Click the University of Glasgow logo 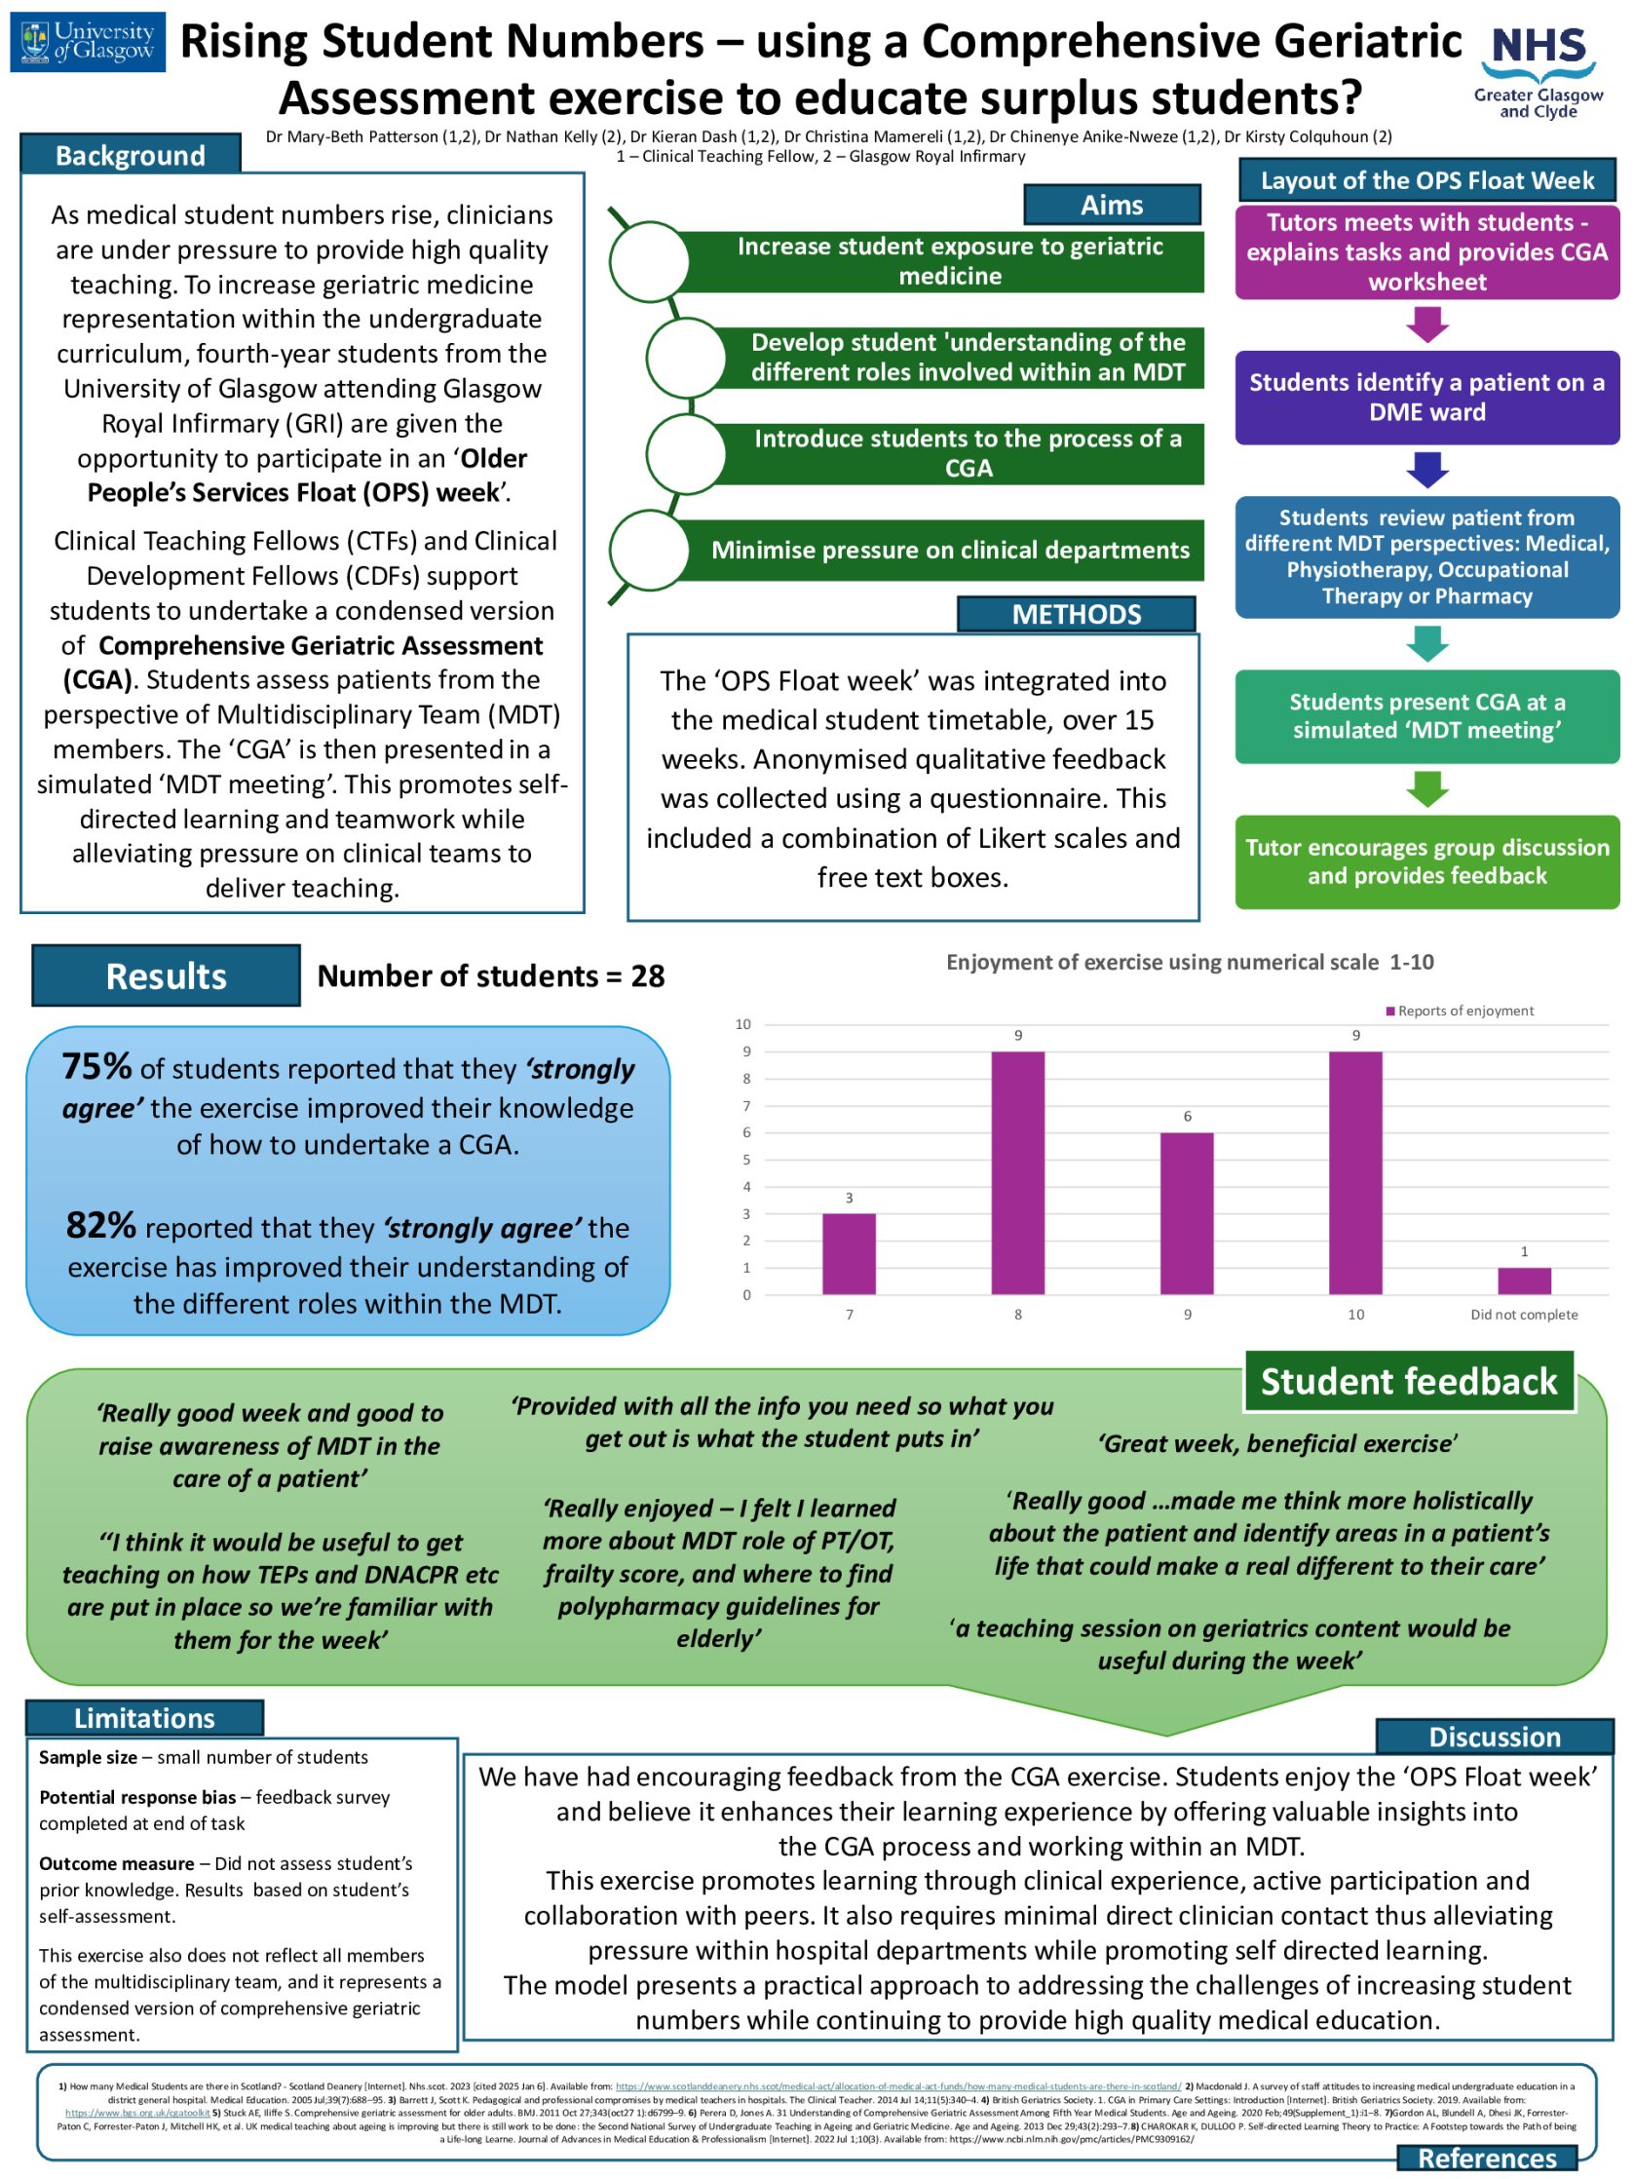coord(88,42)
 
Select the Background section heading coord(130,156)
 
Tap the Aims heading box coord(1111,205)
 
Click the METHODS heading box coord(1076,615)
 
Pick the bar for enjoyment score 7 coord(848,1253)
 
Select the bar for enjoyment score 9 coord(1186,1212)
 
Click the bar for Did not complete coord(1523,1281)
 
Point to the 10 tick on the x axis coord(1355,1314)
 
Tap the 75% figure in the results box coord(96,1067)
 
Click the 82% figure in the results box coord(100,1225)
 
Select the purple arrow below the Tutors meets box coord(1426,325)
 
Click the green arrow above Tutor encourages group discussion coord(1426,788)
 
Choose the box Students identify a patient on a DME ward coord(1426,397)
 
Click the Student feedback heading coord(1408,1381)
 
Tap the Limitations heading coord(144,1718)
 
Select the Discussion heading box coord(1493,1737)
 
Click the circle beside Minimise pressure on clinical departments coord(648,550)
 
